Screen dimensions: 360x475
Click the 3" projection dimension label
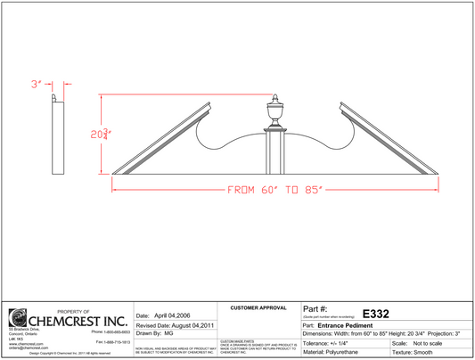point(37,84)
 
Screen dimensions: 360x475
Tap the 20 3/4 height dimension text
point(100,135)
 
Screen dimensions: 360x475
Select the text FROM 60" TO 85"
point(274,190)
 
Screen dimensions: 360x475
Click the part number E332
point(374,314)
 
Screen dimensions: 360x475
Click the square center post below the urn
point(274,151)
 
